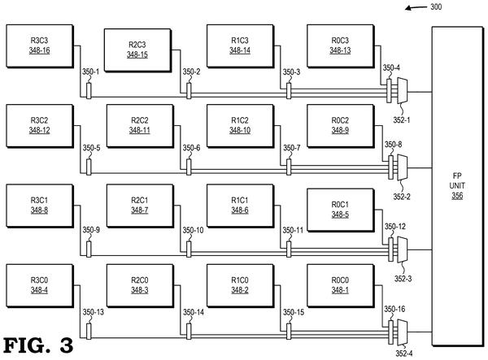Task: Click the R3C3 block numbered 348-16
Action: coord(40,46)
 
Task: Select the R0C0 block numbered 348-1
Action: coord(341,286)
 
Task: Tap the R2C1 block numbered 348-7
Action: coord(140,206)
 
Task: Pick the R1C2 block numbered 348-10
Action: coord(240,126)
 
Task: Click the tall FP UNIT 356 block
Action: coord(457,186)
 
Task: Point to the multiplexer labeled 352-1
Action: coord(402,91)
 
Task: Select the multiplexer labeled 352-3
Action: coord(402,250)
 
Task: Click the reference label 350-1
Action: coord(90,72)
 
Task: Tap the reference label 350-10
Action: coord(193,230)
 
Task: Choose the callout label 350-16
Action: coord(394,309)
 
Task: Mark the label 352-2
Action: coord(402,197)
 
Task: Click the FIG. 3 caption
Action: coord(38,345)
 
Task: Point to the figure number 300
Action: coord(436,7)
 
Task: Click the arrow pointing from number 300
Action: coord(416,7)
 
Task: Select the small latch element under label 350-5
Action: coord(89,167)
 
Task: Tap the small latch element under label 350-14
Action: coord(189,331)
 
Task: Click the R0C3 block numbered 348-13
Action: coord(341,46)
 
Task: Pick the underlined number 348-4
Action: coord(39,290)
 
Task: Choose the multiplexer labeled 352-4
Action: coord(402,332)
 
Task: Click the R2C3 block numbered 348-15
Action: coord(137,50)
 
